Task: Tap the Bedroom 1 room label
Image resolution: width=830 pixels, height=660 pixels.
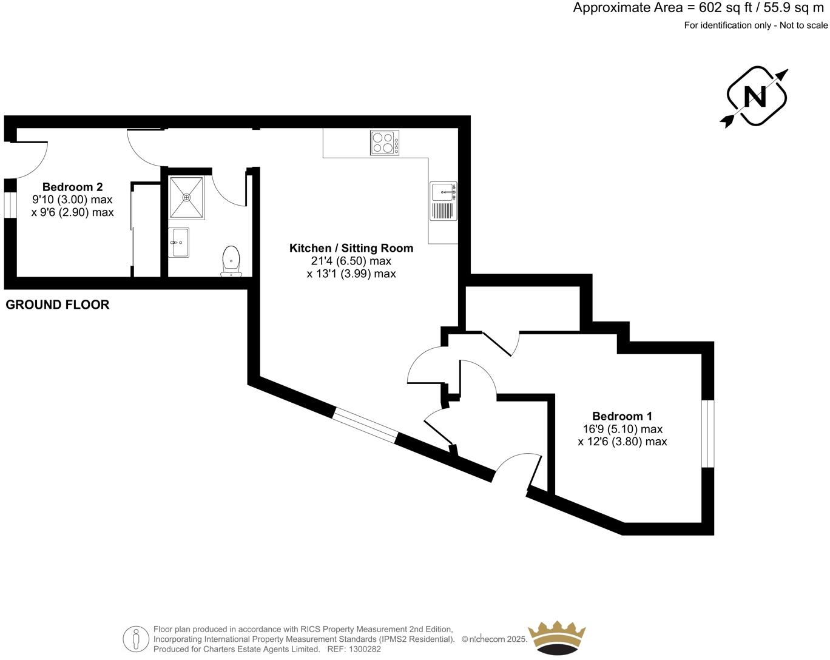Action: (x=622, y=416)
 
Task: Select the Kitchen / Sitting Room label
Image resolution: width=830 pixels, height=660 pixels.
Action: (x=351, y=248)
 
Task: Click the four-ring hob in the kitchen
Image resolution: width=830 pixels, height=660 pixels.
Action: (x=385, y=143)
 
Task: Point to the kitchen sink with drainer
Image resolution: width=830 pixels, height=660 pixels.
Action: (x=444, y=201)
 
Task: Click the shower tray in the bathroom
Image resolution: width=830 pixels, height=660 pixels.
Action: (x=187, y=197)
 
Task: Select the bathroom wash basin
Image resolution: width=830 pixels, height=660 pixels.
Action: (x=178, y=243)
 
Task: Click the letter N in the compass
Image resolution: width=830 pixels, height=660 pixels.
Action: (x=755, y=96)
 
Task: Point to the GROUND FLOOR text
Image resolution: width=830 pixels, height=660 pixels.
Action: (x=58, y=305)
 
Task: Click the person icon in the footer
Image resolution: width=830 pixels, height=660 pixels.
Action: (x=136, y=639)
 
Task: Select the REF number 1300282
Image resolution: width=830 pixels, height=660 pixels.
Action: (x=363, y=649)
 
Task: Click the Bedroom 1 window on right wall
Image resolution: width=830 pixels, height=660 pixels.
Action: (x=708, y=434)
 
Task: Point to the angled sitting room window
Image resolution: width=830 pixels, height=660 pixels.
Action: (x=365, y=425)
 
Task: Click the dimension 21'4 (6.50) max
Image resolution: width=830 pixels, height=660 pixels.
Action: (x=351, y=261)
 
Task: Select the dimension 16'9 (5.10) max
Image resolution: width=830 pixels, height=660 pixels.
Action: (x=622, y=429)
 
